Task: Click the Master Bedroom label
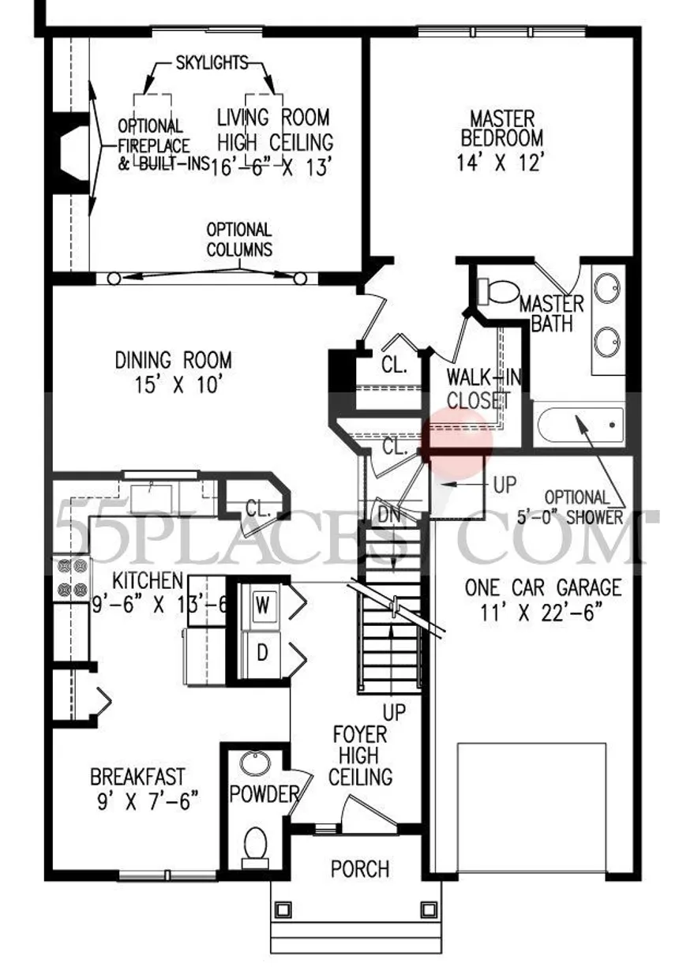(x=501, y=141)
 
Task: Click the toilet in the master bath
(x=498, y=291)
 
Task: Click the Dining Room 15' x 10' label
(x=173, y=372)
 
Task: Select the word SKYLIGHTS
(x=212, y=63)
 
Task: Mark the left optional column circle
(x=114, y=279)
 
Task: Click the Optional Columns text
(x=239, y=240)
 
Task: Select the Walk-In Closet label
(x=482, y=388)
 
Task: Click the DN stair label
(x=389, y=515)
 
